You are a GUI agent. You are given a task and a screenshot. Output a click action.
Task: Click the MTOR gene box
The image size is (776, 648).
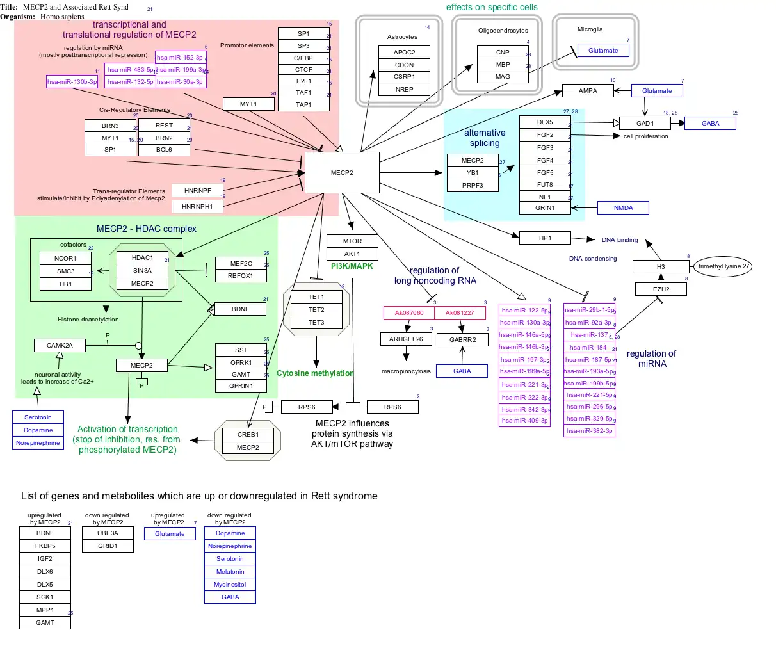coord(352,241)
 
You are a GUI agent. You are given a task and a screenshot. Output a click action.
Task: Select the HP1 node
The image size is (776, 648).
coord(545,238)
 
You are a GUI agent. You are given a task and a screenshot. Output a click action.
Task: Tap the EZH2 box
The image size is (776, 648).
coord(661,289)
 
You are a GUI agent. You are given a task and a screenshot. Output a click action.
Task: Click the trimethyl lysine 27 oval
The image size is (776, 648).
coord(723,266)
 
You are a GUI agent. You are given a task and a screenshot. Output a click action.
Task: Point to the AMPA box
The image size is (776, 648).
coord(588,91)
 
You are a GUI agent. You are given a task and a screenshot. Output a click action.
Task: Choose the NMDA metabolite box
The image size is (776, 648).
coord(623,208)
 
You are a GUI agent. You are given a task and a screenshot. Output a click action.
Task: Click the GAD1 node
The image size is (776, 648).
coord(645,124)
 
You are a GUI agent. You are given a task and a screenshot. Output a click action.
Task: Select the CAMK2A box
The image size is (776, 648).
coord(60,346)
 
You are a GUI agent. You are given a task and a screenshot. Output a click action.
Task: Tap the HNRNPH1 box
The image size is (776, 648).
coord(197,207)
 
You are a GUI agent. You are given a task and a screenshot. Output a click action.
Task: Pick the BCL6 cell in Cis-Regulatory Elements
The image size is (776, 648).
coord(164,150)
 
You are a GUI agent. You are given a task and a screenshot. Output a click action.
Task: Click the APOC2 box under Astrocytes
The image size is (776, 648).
coord(404,53)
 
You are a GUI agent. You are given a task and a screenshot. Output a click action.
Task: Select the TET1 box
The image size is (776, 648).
coord(316,297)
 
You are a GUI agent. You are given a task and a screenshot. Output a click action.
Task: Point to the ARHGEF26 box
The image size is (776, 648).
coord(406,339)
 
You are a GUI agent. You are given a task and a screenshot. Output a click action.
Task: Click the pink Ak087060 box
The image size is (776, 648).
coord(409,313)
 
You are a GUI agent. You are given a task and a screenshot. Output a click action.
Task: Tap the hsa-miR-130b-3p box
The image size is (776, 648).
coord(72,82)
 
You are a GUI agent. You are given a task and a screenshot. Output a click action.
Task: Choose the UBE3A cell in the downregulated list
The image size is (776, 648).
coord(108,533)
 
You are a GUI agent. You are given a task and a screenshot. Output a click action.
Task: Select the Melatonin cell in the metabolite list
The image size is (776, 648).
coord(230,572)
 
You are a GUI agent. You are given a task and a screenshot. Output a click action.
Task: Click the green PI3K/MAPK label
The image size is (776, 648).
coord(352,266)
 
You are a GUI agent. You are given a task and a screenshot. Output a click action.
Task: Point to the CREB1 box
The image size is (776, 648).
coord(248,435)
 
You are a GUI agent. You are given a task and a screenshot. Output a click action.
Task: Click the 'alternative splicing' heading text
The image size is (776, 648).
coord(485,138)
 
